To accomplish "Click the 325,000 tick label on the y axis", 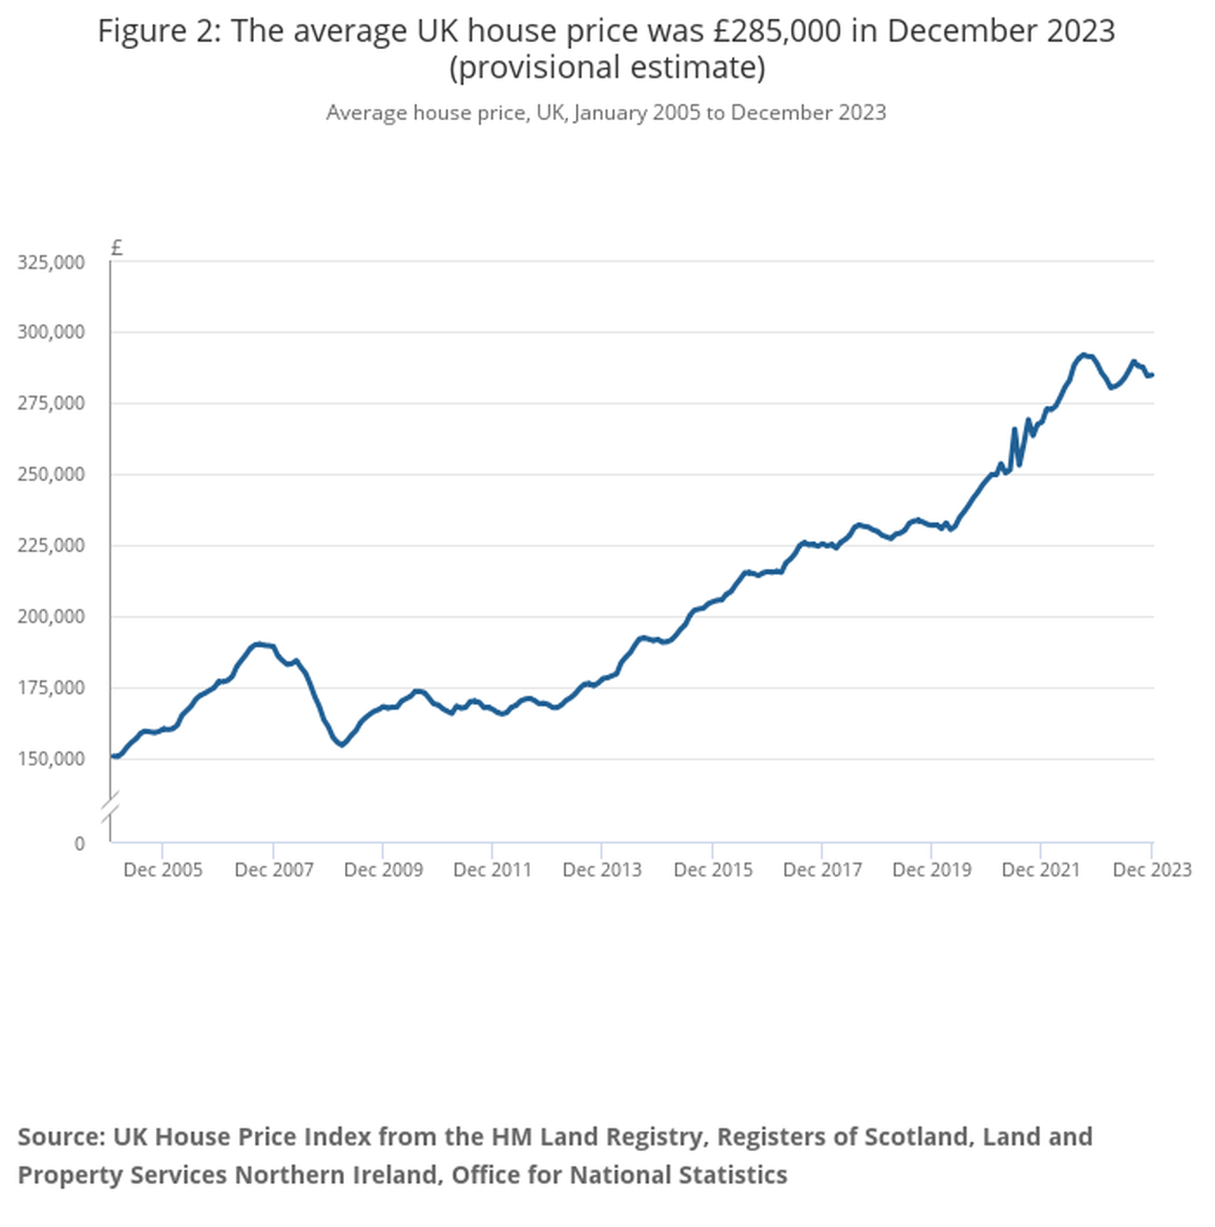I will pos(51,263).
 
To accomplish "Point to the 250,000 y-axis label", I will pos(51,475).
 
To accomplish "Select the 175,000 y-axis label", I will pos(51,688).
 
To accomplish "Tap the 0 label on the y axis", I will pos(79,843).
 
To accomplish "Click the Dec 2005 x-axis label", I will pos(163,870).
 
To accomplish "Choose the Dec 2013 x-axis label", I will pos(602,870).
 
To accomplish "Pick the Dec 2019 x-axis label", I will pos(932,870).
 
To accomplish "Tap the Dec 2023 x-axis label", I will pos(1152,870).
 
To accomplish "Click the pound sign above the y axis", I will pos(116,248).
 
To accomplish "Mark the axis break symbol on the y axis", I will pos(111,805).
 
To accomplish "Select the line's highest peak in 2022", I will pos(1084,355).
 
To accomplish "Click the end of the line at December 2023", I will pos(1152,375).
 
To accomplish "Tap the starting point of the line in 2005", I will pos(113,756).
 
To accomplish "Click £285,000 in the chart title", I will pos(777,32).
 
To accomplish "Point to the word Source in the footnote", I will pos(61,1137).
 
